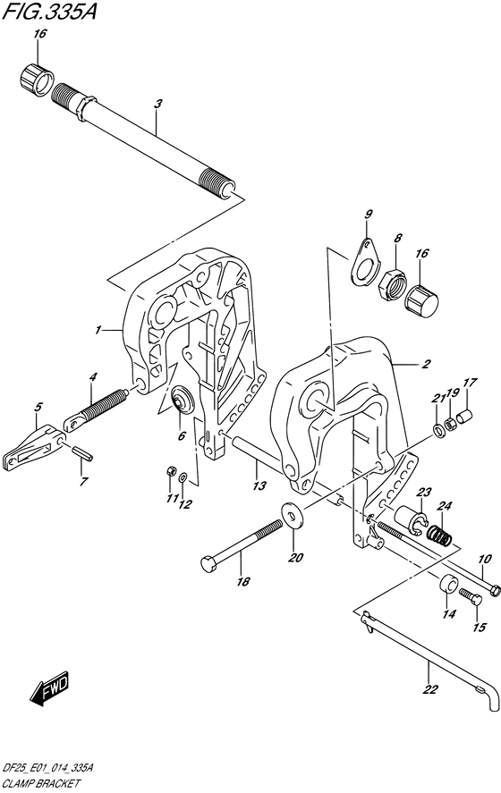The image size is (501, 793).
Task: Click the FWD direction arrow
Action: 49,688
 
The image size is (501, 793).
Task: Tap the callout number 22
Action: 429,688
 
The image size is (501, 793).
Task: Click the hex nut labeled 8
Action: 392,283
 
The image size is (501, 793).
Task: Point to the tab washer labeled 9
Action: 363,260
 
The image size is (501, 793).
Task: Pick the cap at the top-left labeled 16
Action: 37,80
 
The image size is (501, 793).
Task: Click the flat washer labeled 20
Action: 291,514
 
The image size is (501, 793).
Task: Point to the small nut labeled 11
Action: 171,472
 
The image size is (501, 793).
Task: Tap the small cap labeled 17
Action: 464,418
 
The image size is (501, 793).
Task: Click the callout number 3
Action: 157,105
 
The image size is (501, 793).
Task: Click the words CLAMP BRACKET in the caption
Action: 41,784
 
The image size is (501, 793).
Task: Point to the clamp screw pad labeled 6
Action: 183,400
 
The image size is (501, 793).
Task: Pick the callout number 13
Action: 259,486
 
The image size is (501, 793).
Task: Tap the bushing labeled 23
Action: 412,519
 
